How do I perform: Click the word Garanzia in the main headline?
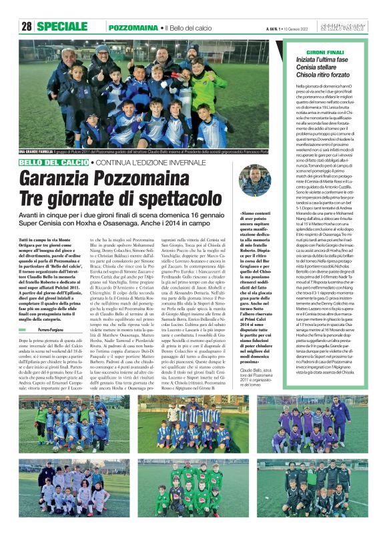pos(65,178)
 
